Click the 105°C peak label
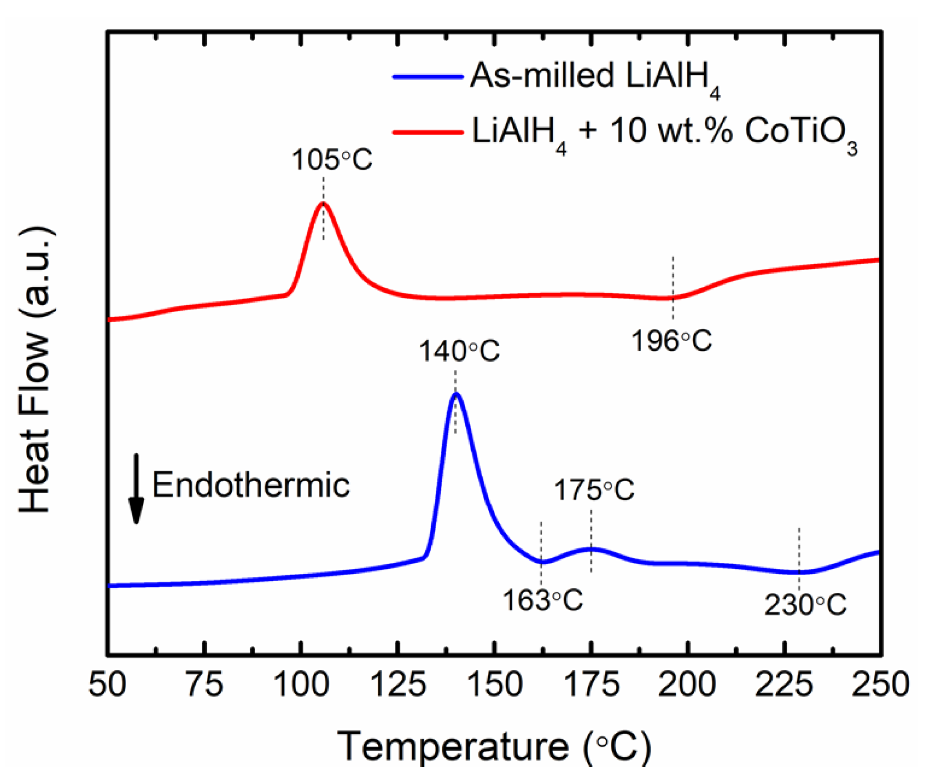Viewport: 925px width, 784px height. (x=331, y=160)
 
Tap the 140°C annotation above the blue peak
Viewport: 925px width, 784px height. (x=458, y=351)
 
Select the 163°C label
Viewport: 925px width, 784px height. (x=542, y=600)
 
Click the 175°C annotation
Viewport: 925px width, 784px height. (x=594, y=490)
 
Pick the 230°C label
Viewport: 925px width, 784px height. (x=805, y=605)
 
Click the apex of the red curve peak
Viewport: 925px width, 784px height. (x=323, y=203)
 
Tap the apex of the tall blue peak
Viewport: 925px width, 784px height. (x=456, y=394)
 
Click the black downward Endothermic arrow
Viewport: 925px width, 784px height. (x=136, y=489)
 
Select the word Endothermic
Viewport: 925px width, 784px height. (x=250, y=485)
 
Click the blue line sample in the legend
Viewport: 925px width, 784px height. (x=428, y=77)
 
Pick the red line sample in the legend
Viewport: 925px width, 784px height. (x=428, y=132)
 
